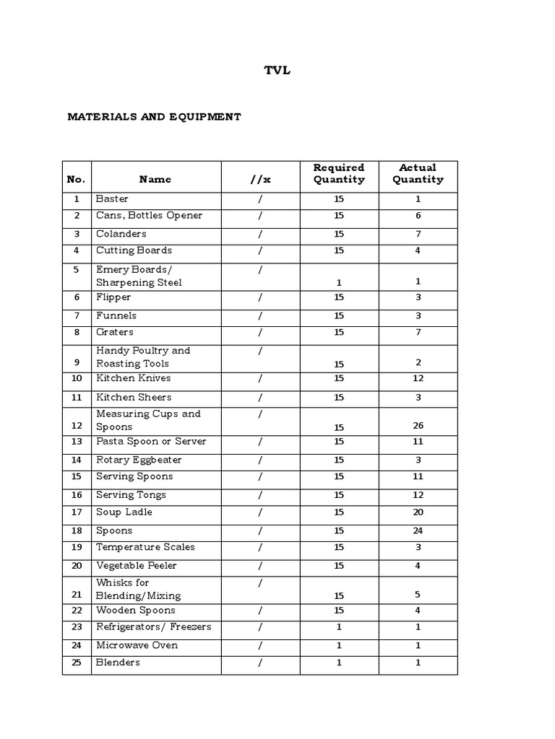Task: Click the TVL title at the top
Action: [277, 71]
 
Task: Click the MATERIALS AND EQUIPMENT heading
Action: [154, 116]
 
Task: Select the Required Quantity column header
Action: [339, 173]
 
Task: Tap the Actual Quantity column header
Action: [418, 173]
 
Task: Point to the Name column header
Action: [155, 179]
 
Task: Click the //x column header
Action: [260, 179]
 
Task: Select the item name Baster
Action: [112, 198]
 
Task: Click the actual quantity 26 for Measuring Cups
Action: [418, 426]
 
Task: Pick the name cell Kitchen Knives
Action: [134, 378]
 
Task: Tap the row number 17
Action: [77, 512]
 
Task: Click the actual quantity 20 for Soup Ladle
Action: [418, 512]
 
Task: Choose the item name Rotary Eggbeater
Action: [139, 460]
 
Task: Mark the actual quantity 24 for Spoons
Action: [418, 530]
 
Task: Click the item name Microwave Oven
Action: [137, 645]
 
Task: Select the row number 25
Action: [77, 663]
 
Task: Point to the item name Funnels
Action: [116, 315]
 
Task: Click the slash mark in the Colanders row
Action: [260, 234]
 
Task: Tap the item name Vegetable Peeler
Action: [137, 566]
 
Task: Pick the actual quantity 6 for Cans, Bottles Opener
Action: [418, 216]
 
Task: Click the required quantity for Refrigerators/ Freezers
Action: [339, 627]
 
